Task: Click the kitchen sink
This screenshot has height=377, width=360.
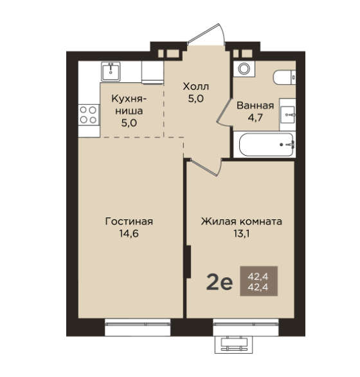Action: [111, 71]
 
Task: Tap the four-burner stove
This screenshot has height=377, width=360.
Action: [89, 115]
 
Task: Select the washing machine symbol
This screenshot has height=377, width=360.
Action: [244, 69]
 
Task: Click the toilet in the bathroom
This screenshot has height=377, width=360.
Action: [284, 77]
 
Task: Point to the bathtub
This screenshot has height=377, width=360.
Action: [266, 145]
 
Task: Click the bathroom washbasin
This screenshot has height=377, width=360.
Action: [287, 115]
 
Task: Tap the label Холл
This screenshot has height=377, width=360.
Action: [196, 86]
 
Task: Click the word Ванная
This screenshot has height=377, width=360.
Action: [255, 106]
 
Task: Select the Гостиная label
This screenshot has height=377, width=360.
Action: [129, 221]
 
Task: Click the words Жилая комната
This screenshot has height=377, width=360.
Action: [242, 221]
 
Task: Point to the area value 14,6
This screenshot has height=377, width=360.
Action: [129, 234]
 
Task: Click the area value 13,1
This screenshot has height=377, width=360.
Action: [242, 234]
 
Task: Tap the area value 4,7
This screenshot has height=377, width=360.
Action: [255, 118]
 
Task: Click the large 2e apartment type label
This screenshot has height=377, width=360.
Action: [219, 283]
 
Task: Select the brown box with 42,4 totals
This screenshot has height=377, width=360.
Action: [259, 281]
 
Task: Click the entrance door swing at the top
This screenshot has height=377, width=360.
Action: [206, 33]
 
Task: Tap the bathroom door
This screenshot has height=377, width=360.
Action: [224, 112]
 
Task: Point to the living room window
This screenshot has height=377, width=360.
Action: [138, 327]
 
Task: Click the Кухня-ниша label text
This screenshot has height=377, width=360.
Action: [129, 105]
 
